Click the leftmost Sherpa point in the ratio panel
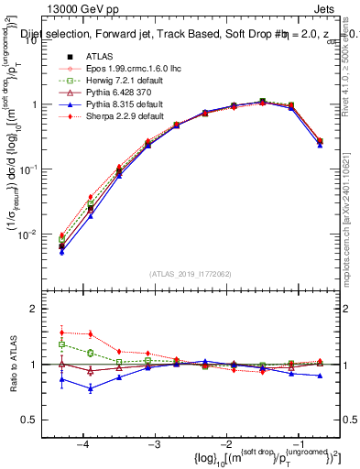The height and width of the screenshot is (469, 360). click(x=61, y=333)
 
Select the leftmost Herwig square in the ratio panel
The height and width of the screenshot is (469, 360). click(x=61, y=344)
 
